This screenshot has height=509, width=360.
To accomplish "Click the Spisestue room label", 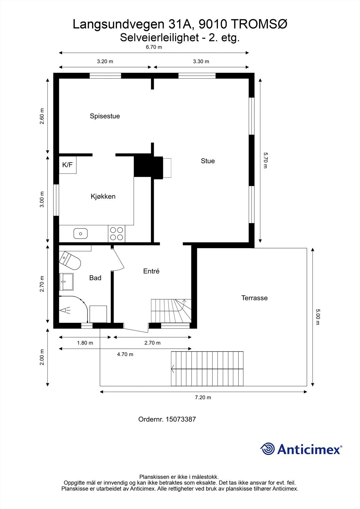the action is pos(105,116).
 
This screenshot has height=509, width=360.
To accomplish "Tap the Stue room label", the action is pos(208,161).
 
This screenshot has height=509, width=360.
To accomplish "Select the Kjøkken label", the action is pos(103,196).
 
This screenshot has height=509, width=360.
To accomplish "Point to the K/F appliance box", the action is pos(67,165).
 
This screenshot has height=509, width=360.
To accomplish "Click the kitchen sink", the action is pos(81,234).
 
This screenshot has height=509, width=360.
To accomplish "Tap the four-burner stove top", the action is pos(116,234).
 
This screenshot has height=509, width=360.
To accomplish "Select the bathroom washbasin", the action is pos(66,282).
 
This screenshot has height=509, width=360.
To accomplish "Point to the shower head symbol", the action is pos(65,310).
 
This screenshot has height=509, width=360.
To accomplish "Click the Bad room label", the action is pos(95,278).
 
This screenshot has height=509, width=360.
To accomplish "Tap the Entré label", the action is pos(151,271).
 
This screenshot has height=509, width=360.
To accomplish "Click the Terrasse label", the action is pos(254,298).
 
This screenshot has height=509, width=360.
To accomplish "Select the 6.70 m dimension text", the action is pos(154,47).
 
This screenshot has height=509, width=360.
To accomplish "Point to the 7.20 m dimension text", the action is pos(203,397).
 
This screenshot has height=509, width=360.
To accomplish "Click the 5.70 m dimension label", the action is pos(265,160).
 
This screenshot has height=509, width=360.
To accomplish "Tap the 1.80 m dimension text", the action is pos(85,343).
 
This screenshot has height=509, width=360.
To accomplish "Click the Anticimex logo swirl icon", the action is pos(267,448).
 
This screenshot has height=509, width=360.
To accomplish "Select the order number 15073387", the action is pos(181,420).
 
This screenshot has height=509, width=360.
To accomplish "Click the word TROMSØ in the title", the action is pos(259,24).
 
